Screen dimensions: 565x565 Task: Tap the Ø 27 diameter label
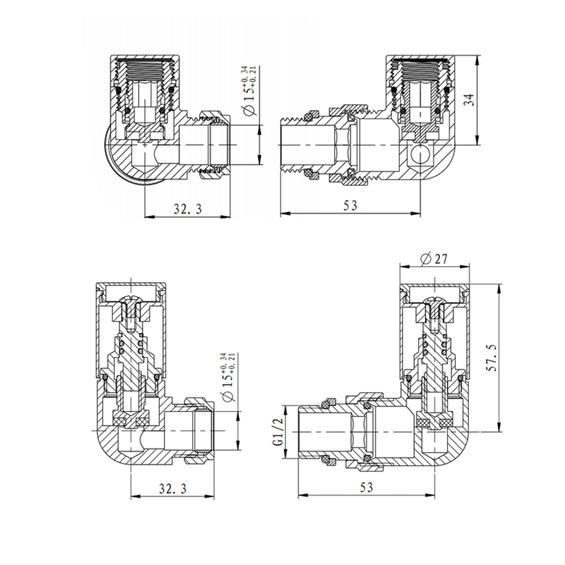point(434,259)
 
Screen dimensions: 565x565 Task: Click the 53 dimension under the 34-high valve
point(350,206)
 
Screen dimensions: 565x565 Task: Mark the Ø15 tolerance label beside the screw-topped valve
point(227,376)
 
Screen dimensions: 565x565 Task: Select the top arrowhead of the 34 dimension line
point(478,59)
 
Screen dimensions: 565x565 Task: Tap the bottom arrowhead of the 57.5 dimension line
point(499,429)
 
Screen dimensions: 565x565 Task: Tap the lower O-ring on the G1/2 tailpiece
point(325,460)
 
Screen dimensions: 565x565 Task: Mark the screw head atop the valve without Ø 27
point(131,301)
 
